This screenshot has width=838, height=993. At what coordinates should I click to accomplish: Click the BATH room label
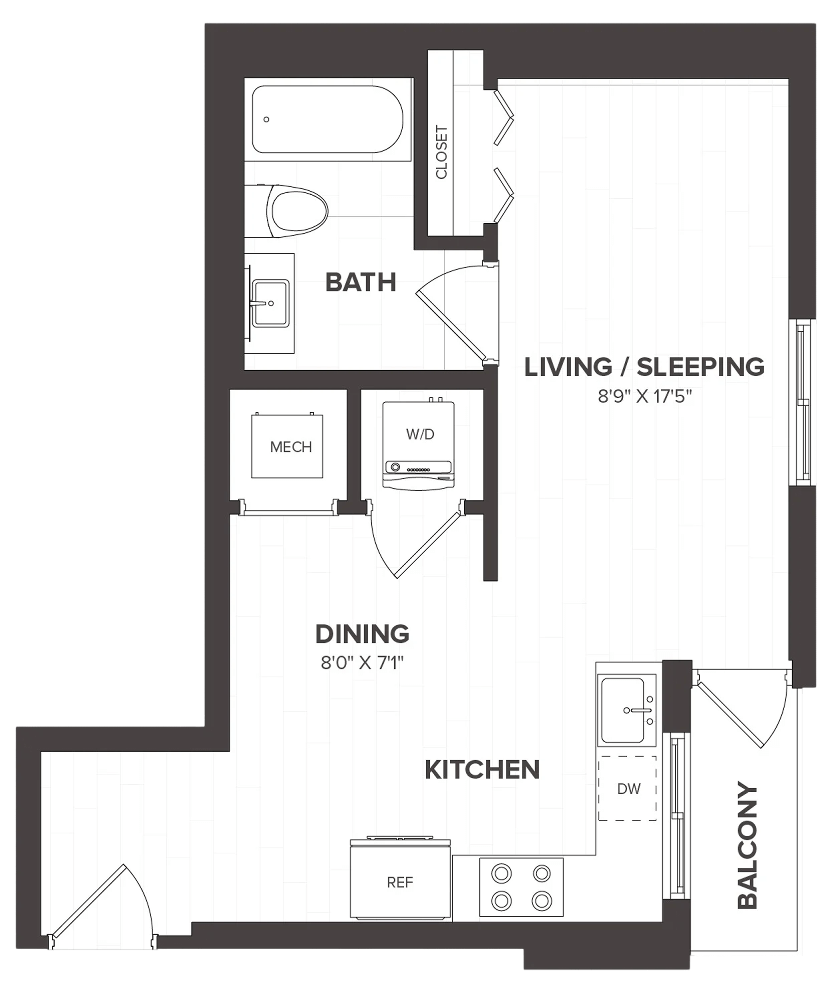361,282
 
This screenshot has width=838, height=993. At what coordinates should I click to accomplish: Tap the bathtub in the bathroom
328,119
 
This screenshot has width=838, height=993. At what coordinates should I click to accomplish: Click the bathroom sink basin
271,304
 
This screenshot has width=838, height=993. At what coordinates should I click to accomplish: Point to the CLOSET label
442,152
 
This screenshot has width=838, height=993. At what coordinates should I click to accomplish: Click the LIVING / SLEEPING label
644,367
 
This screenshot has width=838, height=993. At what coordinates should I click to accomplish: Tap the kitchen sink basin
623,710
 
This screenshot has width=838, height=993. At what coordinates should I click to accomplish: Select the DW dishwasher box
627,788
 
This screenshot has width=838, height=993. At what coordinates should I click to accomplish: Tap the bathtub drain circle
266,119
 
